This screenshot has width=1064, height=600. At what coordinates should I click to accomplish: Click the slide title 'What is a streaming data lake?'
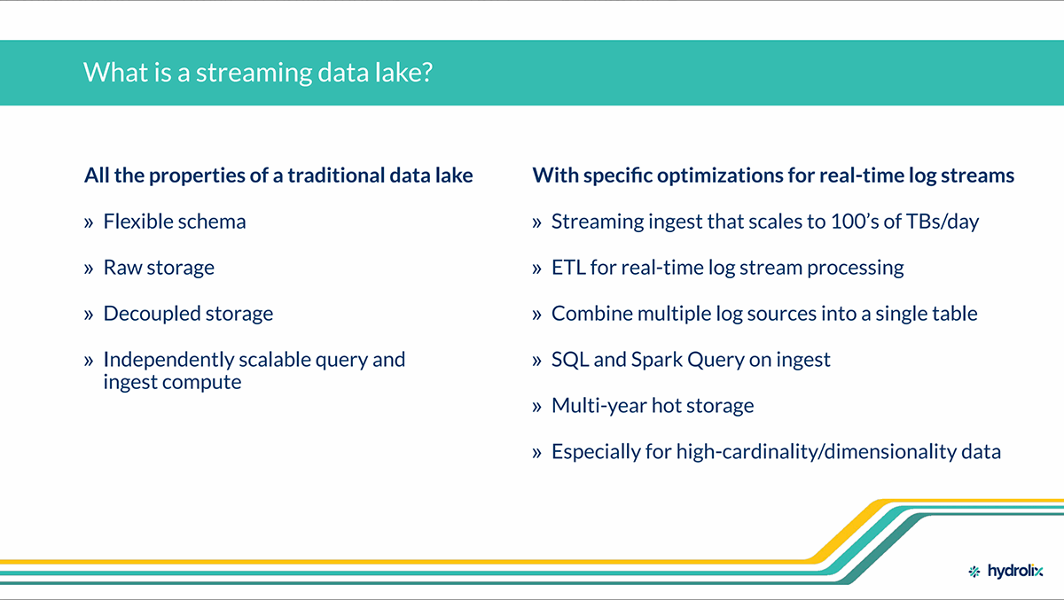pos(258,73)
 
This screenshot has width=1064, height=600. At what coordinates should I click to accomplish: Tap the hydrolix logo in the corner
pos(1005,571)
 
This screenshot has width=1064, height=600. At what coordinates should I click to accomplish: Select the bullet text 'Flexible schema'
pos(175,222)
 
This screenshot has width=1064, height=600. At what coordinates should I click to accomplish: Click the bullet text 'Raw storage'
pos(159,269)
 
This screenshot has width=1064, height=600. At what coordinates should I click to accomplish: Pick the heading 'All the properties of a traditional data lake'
pos(278,175)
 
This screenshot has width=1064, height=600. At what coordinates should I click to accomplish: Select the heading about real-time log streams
pos(773,175)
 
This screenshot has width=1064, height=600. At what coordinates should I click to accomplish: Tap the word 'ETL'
pos(568,268)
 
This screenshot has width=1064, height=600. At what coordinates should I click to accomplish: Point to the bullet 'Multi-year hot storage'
pos(653,406)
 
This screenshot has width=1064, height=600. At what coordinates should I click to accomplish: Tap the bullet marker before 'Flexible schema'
pos(89,222)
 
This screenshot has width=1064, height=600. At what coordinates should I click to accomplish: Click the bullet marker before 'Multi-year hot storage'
pos(536,406)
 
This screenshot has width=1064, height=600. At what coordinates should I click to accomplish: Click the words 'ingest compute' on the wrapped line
pos(172,383)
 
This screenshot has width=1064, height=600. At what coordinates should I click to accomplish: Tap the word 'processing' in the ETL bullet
pos(856,269)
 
